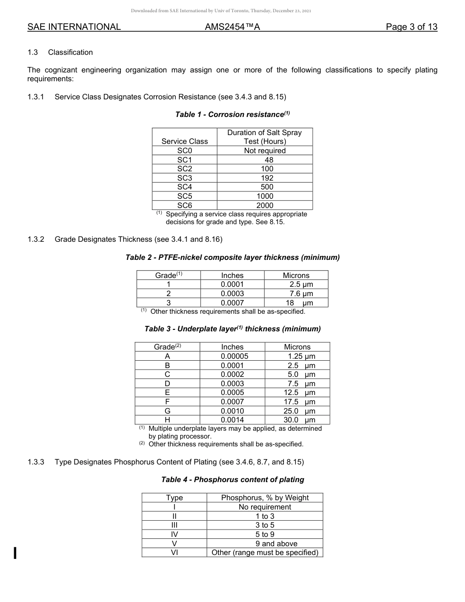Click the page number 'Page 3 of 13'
[411, 27]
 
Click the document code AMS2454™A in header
[232, 27]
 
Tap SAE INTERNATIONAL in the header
[74, 27]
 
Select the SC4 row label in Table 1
[185, 187]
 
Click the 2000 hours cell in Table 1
[265, 206]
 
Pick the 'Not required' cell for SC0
[265, 151]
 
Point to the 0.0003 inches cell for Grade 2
[232, 294]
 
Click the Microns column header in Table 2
[296, 276]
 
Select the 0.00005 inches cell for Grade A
[234, 356]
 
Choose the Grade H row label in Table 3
[167, 420]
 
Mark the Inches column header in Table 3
[232, 347]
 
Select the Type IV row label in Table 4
[174, 534]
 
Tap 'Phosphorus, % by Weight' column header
[265, 498]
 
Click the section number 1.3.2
[36, 239]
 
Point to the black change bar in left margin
[16, 553]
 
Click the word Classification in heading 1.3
[70, 52]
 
